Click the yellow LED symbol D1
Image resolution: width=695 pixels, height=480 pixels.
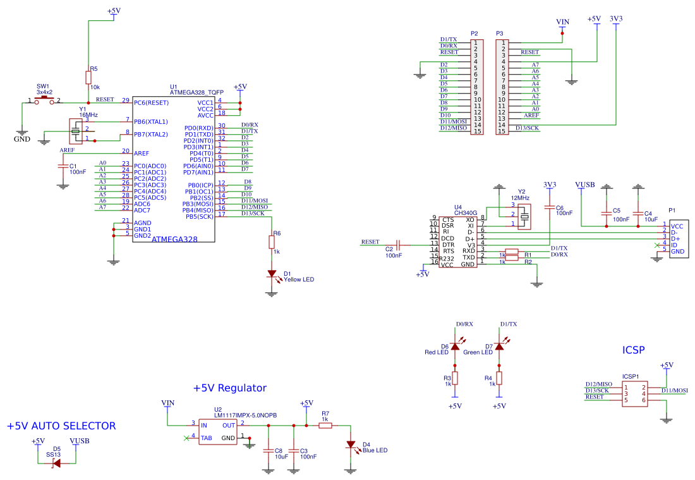click(272, 274)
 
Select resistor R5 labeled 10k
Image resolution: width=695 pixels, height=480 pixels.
click(88, 77)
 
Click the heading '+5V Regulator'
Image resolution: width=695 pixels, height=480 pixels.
click(230, 388)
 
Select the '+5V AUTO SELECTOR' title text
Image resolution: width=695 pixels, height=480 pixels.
click(61, 426)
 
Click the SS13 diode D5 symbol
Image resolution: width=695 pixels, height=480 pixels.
click(56, 463)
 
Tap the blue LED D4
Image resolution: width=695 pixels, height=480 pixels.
click(351, 445)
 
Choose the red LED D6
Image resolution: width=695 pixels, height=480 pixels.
click(455, 346)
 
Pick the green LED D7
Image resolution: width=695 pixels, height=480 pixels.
click(499, 346)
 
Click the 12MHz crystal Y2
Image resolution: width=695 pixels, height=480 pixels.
click(524, 218)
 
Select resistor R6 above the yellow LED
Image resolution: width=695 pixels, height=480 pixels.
click(272, 242)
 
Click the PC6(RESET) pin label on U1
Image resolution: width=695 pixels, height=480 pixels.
click(151, 102)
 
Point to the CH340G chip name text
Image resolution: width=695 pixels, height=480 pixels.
click(466, 213)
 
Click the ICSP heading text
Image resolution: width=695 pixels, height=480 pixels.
click(634, 350)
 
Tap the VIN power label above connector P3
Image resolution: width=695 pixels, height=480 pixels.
click(562, 22)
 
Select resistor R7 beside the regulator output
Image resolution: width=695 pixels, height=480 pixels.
click(325, 426)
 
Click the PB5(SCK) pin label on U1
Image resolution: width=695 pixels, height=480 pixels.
click(199, 216)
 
